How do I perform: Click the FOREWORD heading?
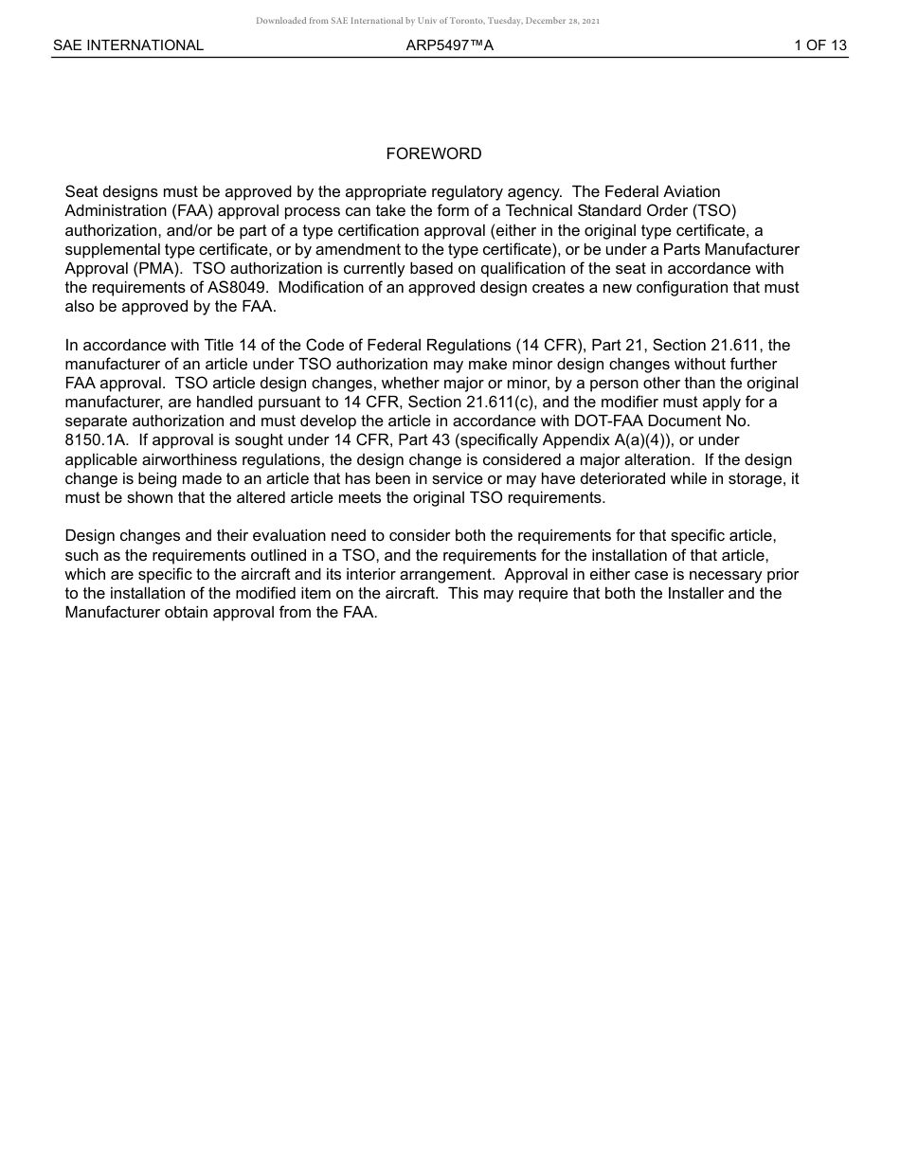pos(433,153)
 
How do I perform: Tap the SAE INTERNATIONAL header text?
pos(128,45)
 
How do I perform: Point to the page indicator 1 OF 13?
pos(819,45)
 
